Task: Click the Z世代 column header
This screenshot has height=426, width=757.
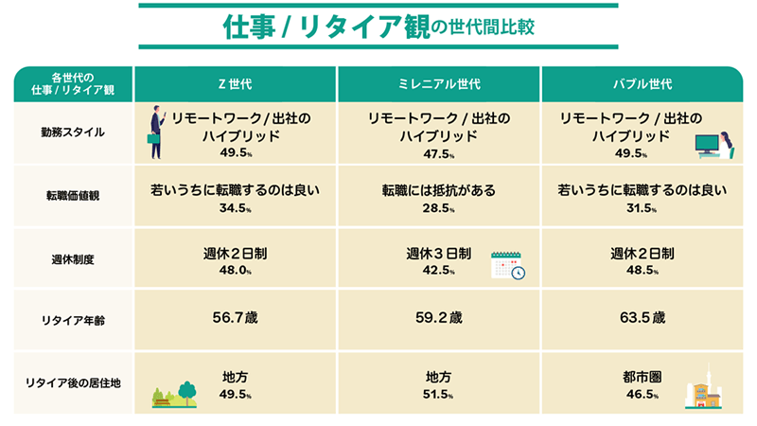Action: point(235,84)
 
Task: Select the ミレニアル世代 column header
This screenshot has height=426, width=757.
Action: point(439,84)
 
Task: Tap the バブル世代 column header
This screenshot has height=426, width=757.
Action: point(643,84)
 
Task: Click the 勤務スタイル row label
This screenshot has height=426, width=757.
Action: point(73,133)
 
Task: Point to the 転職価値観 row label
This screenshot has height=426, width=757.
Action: point(73,196)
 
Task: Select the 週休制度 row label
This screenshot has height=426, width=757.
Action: point(73,259)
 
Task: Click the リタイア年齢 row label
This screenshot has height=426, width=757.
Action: point(73,320)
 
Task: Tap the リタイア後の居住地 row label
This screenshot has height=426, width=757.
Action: point(73,383)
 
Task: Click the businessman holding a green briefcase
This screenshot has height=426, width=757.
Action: point(155,133)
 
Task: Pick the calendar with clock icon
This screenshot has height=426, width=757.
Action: point(508,265)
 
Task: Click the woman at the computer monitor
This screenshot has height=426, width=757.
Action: point(714,145)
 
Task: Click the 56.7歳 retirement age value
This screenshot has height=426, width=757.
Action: point(235,317)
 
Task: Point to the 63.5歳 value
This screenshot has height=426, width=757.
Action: point(643,317)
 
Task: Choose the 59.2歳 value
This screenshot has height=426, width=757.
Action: point(439,317)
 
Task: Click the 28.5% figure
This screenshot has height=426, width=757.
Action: point(439,208)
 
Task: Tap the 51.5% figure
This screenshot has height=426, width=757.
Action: point(439,394)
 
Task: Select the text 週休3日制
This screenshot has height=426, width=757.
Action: point(439,253)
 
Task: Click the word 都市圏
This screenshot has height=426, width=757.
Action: point(643,377)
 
